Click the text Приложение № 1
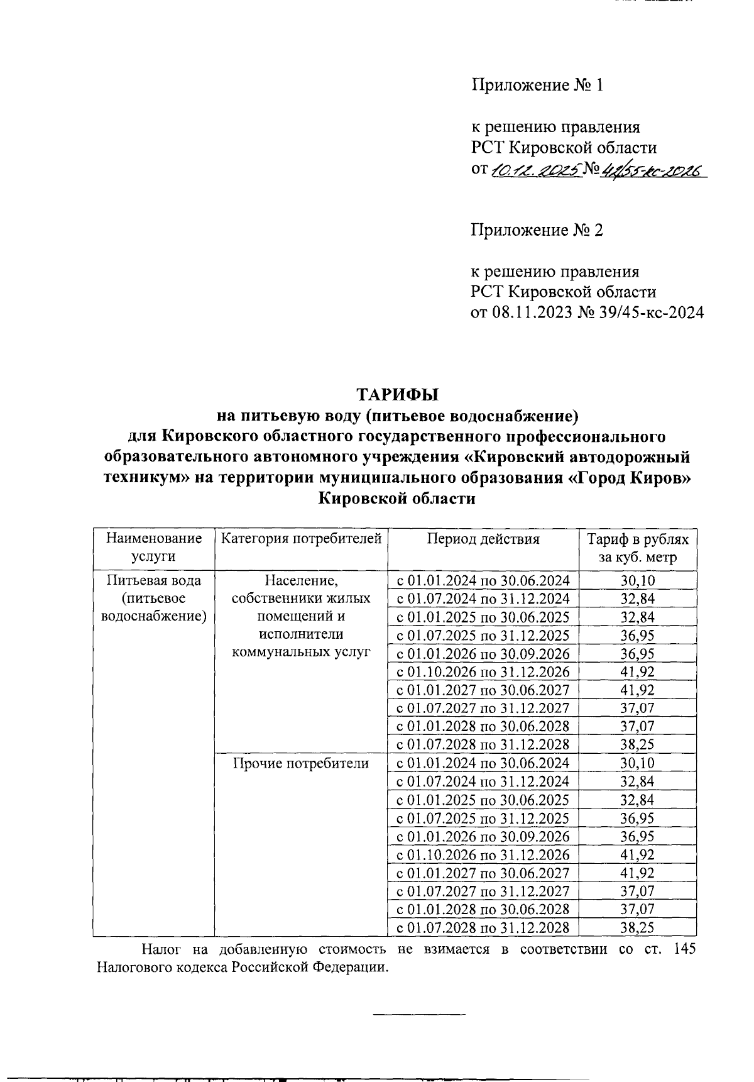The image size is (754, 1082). tap(537, 85)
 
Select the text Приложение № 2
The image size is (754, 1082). tap(537, 230)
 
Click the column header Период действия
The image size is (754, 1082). tap(483, 539)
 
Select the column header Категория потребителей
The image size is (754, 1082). tap(302, 539)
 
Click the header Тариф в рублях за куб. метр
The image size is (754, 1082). tap(637, 548)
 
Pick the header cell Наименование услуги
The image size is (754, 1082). tap(154, 548)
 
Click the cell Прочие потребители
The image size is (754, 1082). tap(301, 763)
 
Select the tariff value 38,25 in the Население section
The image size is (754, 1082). tap(637, 745)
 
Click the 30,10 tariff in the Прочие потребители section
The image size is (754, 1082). tap(637, 763)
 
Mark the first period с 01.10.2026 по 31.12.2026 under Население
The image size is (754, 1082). tap(483, 671)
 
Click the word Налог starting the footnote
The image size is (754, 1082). tap(159, 949)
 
